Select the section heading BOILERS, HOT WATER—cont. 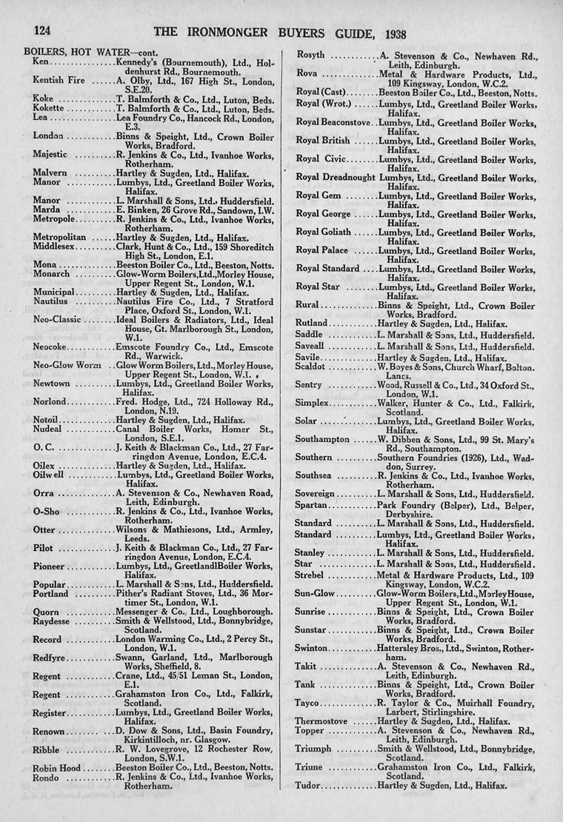click(x=77, y=53)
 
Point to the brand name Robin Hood click(x=57, y=768)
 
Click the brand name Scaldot click(x=310, y=367)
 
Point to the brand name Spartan click(x=312, y=506)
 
